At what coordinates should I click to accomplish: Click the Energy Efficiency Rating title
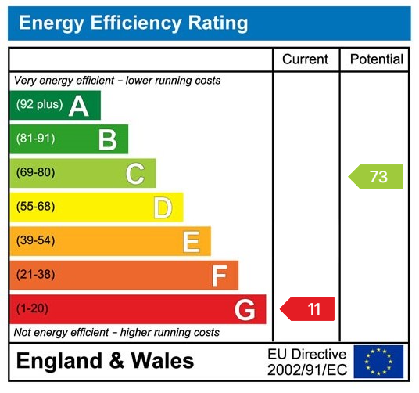133,23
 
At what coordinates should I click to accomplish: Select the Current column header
306,59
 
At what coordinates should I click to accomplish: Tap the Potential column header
376,59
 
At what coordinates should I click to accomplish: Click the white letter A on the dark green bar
79,106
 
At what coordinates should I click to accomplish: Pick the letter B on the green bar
107,139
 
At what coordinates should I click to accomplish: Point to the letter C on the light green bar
135,174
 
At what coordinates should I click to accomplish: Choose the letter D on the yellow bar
163,207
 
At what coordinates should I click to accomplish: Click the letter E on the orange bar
191,242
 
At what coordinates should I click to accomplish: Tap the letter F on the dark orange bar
219,276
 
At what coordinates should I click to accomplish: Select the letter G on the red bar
245,310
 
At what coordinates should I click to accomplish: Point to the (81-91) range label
36,139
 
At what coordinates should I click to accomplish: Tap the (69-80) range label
36,173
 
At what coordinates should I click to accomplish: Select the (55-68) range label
36,207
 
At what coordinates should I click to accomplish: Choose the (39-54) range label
36,241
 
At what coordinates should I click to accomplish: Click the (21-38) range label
36,275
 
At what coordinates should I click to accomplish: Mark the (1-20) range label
33,309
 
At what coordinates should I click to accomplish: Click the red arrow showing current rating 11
308,309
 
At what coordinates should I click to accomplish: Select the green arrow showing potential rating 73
376,177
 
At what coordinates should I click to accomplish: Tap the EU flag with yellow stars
378,362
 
